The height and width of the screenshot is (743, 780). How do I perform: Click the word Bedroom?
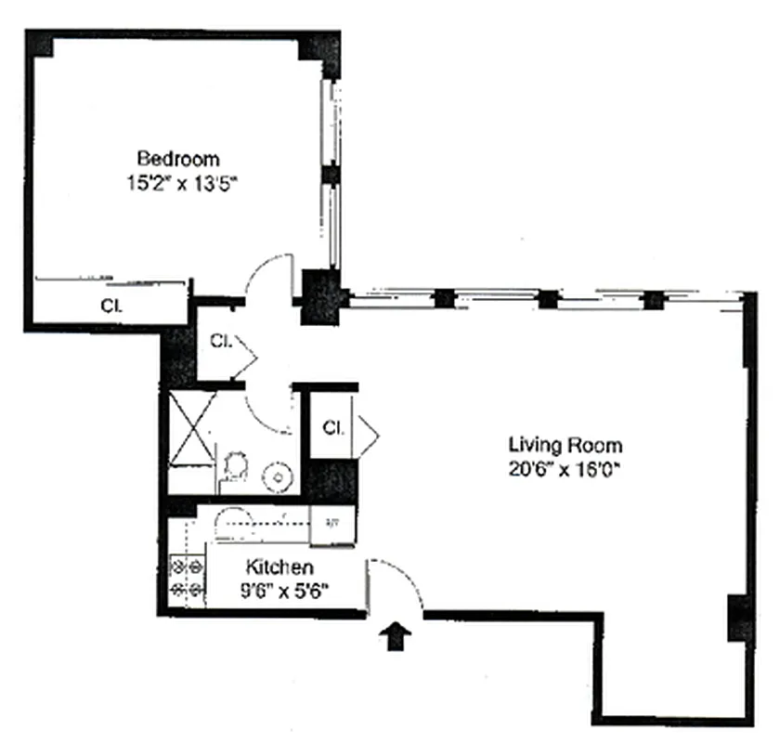(x=177, y=157)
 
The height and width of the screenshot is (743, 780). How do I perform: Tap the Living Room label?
(x=564, y=445)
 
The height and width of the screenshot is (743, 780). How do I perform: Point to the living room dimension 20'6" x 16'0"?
(x=564, y=470)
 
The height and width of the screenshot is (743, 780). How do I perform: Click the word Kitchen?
(x=279, y=567)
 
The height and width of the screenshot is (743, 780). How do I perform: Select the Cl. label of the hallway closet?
(x=220, y=340)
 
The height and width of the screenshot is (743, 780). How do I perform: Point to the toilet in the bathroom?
(x=235, y=465)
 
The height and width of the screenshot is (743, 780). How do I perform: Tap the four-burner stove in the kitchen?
(x=186, y=577)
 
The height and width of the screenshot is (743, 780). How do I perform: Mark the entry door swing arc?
(x=399, y=580)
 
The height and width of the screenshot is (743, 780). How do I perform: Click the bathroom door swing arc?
(x=268, y=410)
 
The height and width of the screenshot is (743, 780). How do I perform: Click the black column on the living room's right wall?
(x=739, y=616)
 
